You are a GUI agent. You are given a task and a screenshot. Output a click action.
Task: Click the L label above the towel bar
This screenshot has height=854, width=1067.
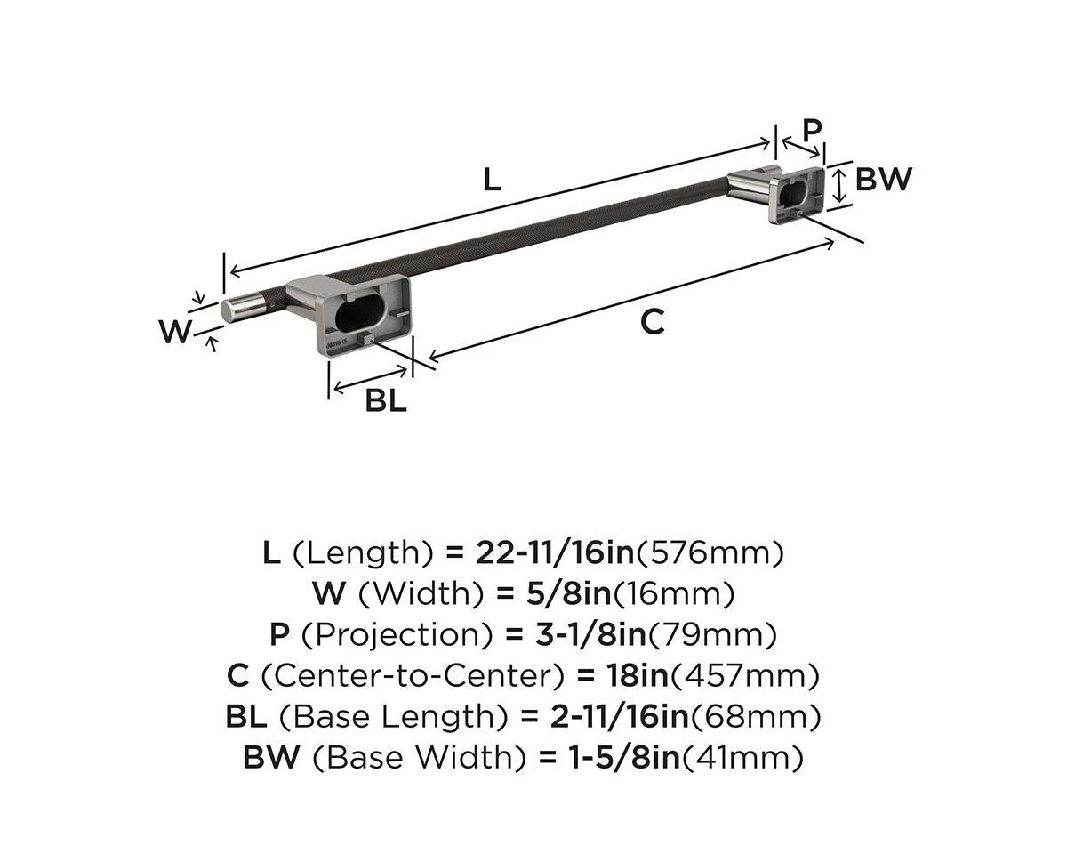pos(492,180)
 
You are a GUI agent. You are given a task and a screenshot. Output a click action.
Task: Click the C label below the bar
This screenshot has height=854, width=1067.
pos(652,323)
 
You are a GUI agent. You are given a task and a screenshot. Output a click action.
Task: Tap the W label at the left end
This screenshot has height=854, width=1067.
pos(175,333)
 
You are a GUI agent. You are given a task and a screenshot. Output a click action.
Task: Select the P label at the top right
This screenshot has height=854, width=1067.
pos(812,130)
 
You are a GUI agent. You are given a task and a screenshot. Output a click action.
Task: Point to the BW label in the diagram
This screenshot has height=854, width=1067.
pos(884,180)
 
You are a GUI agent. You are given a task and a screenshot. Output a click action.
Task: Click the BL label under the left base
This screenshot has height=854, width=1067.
pos(386,401)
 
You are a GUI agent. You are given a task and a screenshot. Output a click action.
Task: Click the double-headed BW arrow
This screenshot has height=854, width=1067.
pos(838,186)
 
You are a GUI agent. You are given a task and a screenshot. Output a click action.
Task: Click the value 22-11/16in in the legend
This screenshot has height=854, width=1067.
pos(552,553)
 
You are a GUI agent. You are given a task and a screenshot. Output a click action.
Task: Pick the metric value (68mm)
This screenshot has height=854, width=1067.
pos(756,717)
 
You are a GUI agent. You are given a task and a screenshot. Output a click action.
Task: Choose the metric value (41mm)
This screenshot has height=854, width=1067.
pos(742,758)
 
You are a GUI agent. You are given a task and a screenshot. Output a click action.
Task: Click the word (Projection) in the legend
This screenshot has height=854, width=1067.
pos(398,635)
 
